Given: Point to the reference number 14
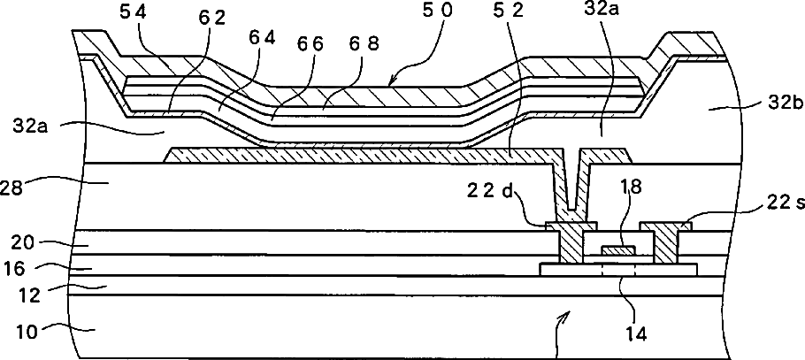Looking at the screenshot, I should (636, 334).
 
